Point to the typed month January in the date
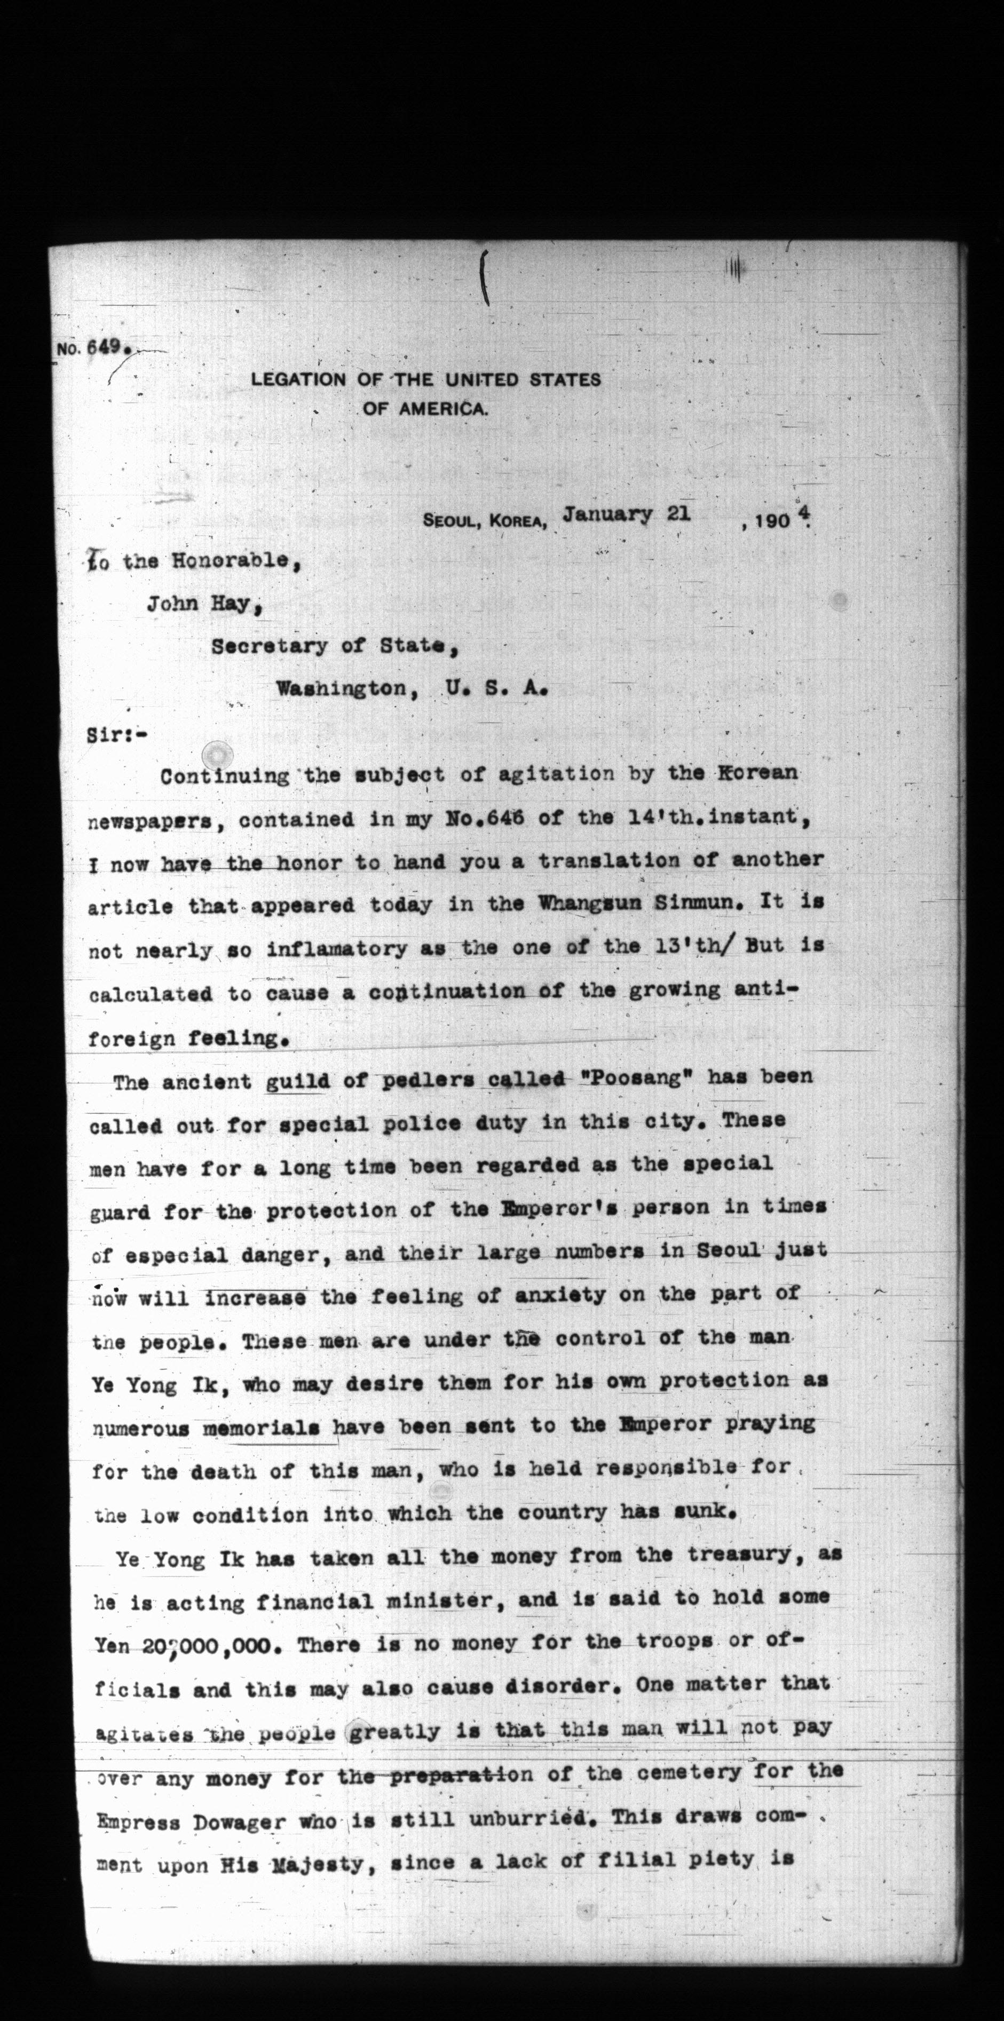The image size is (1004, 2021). pos(607,514)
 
